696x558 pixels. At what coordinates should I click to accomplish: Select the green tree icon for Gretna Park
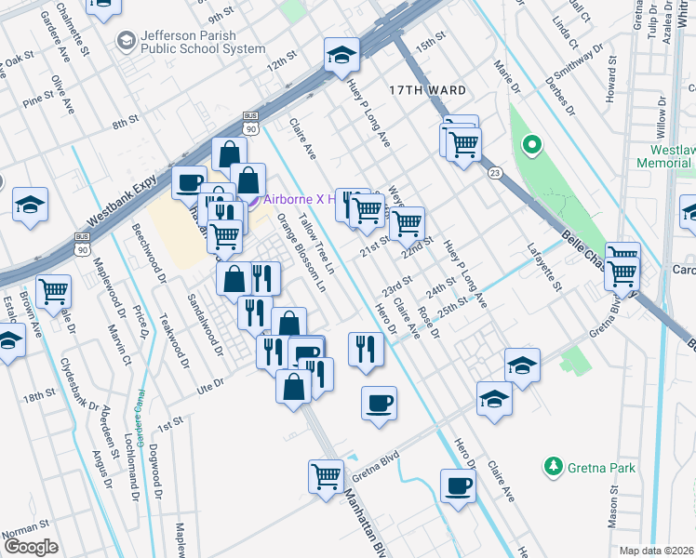coord(554,464)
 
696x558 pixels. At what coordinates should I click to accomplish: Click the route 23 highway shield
coord(494,172)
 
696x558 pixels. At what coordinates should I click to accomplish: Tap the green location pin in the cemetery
coord(531,145)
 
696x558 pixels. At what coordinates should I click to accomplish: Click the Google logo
coord(32,547)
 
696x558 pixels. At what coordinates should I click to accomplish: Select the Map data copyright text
coord(655,550)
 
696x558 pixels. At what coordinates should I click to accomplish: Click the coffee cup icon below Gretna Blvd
coord(457,485)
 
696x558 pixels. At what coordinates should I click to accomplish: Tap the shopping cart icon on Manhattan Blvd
coord(326,476)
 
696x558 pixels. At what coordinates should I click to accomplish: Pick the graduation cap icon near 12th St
coord(341,56)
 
